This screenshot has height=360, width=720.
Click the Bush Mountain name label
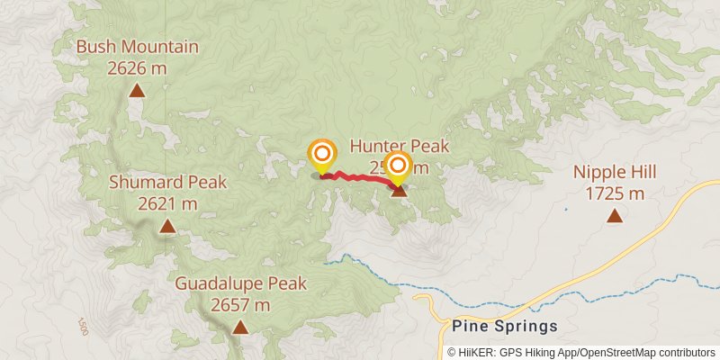coord(137,47)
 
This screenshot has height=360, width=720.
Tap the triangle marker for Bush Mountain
coord(137,90)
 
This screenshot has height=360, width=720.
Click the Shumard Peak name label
coord(167,183)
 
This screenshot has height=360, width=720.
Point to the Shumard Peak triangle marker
coord(167,226)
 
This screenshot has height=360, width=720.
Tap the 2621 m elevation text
coord(167,202)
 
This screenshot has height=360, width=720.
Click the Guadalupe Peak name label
coord(240,284)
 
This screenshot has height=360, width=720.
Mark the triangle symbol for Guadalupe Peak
coord(239,327)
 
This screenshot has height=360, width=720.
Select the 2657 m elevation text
coord(240,304)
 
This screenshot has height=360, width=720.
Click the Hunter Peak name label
coord(399,146)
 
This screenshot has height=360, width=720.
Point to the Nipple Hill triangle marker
coord(615,215)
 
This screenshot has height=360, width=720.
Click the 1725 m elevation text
coord(615,193)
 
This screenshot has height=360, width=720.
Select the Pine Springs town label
coord(505,326)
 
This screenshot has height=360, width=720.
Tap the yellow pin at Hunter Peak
coord(397,166)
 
